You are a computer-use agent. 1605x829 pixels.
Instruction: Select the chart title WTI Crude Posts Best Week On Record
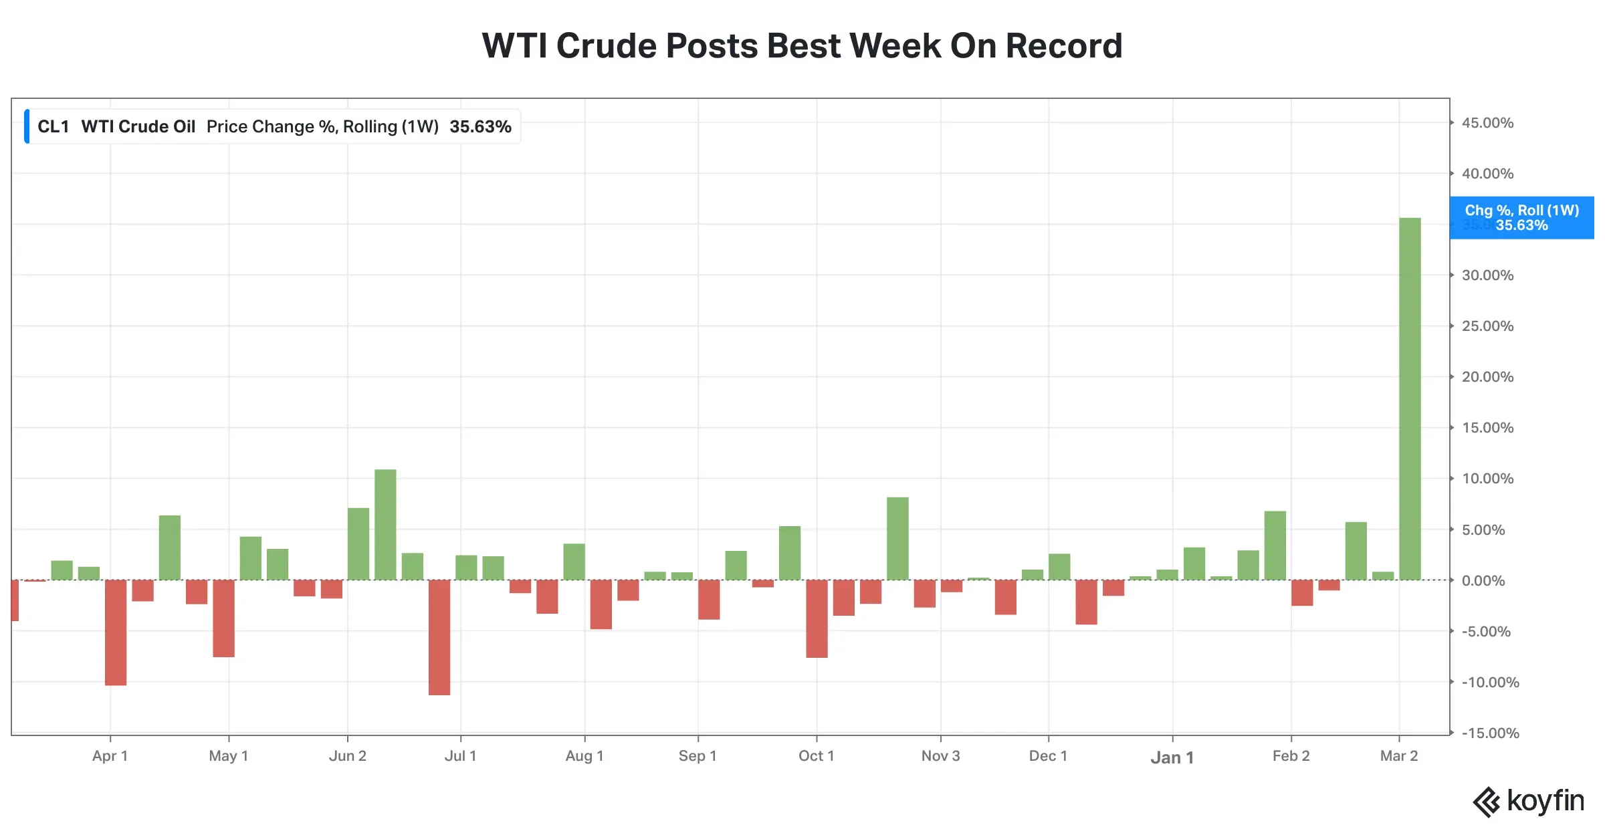pos(802,46)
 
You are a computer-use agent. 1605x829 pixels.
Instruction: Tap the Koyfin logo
pos(1528,801)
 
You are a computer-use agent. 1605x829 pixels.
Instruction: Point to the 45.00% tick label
pos(1487,123)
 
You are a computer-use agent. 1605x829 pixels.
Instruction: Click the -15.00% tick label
pos(1490,733)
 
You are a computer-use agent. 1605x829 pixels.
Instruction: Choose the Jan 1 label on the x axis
pos(1172,757)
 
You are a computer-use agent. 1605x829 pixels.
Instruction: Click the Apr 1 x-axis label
pos(110,756)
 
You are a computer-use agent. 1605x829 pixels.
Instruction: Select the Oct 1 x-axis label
pos(816,756)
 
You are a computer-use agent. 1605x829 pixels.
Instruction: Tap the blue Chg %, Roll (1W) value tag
pos(1521,218)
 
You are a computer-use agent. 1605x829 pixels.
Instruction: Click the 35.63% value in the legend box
pos(480,127)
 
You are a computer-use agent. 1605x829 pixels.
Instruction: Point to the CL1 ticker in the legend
pos(53,127)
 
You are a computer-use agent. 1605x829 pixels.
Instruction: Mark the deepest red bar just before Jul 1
pos(439,637)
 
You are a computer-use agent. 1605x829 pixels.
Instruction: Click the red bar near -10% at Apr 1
pos(116,632)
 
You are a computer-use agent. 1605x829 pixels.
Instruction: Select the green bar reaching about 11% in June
pos(385,525)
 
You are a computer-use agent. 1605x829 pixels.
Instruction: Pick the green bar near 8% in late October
pos(897,538)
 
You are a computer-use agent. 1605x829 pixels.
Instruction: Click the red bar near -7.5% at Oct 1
pos(817,618)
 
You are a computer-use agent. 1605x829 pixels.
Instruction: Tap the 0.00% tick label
pos(1483,581)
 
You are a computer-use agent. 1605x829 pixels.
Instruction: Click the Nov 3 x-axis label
pos(940,756)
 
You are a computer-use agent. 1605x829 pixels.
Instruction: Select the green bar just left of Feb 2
pos(1275,546)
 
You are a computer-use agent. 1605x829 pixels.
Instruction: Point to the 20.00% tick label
pos(1487,377)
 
